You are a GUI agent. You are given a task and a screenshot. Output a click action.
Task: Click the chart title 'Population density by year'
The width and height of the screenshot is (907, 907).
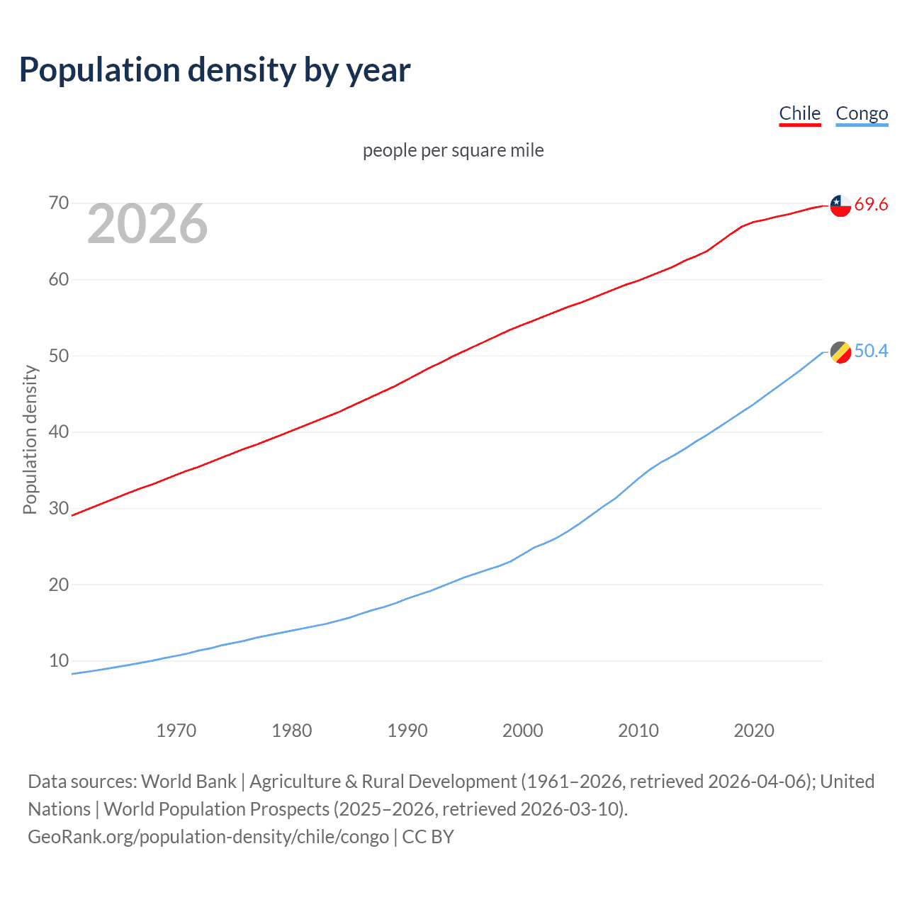[x=215, y=70]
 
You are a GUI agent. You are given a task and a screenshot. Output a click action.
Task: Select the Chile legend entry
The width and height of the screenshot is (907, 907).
[x=799, y=113]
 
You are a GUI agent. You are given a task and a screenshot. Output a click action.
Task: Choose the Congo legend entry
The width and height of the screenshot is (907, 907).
[x=862, y=113]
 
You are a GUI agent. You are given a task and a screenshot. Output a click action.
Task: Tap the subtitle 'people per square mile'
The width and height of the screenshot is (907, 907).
[x=453, y=150]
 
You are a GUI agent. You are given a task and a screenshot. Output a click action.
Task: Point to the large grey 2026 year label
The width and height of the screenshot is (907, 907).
[x=147, y=224]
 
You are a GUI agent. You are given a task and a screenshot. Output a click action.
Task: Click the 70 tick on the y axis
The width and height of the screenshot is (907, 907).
[x=59, y=203]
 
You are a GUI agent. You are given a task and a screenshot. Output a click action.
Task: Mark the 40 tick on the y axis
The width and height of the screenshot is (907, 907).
[x=59, y=432]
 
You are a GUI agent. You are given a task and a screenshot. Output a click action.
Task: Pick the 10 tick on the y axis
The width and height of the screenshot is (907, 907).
[x=59, y=660]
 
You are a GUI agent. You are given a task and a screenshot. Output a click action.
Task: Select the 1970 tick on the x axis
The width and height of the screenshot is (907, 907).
[x=176, y=731]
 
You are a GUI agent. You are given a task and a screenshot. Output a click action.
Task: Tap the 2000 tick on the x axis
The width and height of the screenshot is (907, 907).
[x=522, y=731]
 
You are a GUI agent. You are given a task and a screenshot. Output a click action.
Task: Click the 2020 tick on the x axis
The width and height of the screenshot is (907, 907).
[x=753, y=731]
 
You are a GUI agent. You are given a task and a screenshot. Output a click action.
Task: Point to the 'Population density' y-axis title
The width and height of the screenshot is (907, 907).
[x=30, y=439]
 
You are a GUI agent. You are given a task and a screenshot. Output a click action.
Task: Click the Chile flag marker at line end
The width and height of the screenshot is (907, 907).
[x=840, y=205]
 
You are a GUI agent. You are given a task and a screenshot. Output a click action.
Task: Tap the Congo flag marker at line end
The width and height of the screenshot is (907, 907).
[x=840, y=351]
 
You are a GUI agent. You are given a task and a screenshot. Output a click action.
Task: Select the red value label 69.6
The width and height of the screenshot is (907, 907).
[x=871, y=205]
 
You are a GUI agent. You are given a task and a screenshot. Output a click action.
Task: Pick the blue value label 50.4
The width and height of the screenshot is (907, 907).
[x=871, y=351]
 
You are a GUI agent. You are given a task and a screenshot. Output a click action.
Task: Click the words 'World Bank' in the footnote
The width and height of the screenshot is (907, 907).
[x=188, y=782]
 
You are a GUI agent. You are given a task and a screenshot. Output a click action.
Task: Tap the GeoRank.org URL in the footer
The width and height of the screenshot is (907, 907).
[x=208, y=837]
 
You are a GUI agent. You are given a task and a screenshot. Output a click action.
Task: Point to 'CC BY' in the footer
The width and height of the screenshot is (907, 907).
[x=428, y=837]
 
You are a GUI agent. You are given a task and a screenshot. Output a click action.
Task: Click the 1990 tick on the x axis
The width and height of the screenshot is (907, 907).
[x=407, y=731]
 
